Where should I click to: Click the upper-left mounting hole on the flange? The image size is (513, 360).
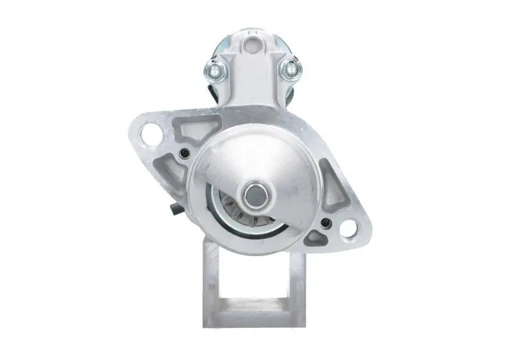151,134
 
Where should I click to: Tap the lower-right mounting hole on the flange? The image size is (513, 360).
348,227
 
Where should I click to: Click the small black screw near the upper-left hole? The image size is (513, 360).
185,153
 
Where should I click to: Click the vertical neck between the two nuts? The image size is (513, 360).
253,80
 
